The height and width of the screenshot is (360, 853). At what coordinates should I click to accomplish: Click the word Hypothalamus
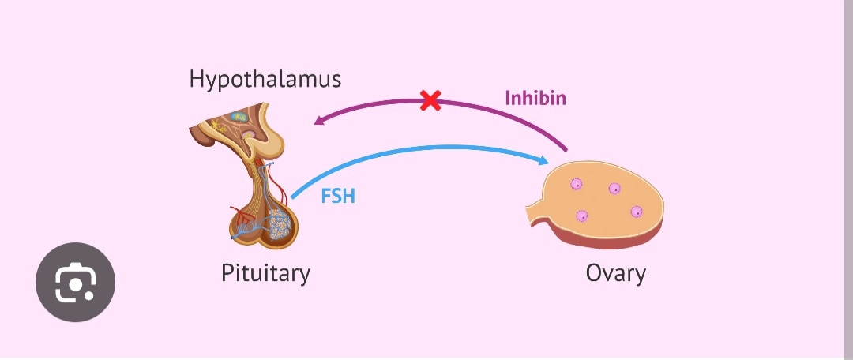tap(265, 79)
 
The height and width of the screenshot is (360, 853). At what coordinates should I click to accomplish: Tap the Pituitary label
tap(265, 273)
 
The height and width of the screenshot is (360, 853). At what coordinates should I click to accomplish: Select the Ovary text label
tap(615, 273)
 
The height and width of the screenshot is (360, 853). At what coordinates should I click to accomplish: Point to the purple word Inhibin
tap(535, 99)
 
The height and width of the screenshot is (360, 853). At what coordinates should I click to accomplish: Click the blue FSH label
tap(338, 196)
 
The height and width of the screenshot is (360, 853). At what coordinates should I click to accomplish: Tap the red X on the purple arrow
tap(430, 100)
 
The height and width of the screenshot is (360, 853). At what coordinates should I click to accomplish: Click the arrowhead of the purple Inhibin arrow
tap(318, 121)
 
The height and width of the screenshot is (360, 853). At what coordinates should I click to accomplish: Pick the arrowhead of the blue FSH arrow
tap(543, 161)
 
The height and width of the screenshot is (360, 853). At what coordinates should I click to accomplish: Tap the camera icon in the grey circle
tap(76, 282)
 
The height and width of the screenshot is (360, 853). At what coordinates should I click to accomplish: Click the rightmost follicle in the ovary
tap(637, 212)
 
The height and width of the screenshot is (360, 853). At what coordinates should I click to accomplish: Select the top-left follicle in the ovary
tap(577, 185)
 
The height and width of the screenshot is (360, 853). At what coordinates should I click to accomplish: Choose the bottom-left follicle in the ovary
tap(582, 216)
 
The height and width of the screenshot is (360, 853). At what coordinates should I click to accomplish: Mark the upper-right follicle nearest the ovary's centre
tap(614, 188)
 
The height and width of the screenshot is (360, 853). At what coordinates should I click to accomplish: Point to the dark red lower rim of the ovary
tap(608, 237)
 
